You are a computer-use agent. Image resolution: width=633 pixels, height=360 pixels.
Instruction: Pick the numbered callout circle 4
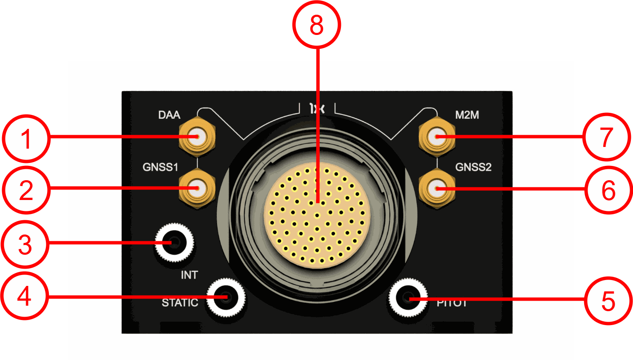(x=24, y=296)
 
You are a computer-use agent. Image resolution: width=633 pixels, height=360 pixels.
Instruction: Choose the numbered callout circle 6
(x=608, y=190)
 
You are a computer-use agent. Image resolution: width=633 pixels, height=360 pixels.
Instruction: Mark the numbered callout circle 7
(x=606, y=137)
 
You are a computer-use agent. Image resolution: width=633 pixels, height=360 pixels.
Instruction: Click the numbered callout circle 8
(x=316, y=25)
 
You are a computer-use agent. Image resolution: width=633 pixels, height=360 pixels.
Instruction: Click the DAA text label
(x=169, y=115)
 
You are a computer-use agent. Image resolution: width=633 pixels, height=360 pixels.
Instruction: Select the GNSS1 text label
(x=160, y=167)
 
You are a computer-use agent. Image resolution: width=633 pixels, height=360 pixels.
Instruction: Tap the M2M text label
(x=467, y=115)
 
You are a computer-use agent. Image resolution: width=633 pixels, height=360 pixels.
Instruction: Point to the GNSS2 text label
(x=473, y=167)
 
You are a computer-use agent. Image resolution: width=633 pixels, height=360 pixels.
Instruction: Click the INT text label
(x=189, y=275)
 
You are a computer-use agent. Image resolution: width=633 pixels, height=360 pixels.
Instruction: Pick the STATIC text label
(x=180, y=303)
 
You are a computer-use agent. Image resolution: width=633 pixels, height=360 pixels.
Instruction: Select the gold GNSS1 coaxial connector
(x=197, y=189)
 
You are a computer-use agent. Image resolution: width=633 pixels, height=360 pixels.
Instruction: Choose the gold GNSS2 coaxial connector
(x=437, y=189)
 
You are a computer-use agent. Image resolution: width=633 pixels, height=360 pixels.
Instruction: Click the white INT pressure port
(x=174, y=243)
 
